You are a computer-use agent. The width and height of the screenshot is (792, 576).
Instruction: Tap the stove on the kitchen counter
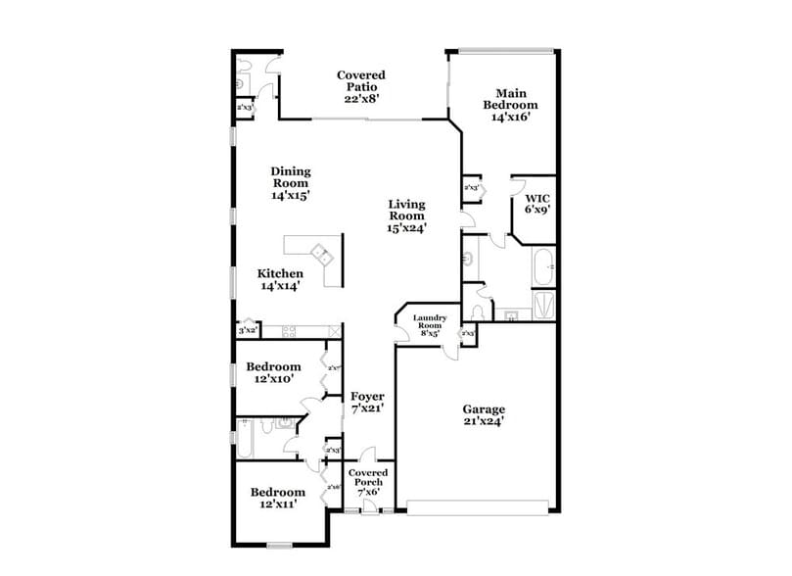[x=290, y=330]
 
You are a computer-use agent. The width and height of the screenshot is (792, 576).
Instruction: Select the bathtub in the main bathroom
[x=543, y=265]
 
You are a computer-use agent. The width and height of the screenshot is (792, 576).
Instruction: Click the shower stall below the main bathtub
[x=543, y=305]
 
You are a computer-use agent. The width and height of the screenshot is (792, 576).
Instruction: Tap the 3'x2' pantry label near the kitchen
[x=246, y=331]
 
